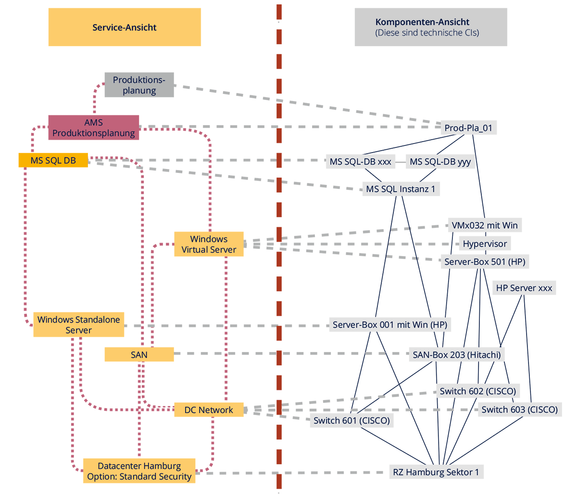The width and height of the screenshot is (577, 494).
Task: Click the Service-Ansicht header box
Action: pos(125,27)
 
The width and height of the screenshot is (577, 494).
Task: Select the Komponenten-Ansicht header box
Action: pos(431,27)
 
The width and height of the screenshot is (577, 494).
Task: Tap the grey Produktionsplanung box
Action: pos(139,85)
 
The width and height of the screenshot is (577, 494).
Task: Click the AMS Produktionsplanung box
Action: pos(93,128)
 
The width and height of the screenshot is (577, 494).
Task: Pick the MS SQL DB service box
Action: pos(53,160)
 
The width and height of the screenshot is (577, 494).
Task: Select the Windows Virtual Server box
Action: pos(209,244)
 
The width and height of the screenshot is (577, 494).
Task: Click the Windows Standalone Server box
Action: pos(79,325)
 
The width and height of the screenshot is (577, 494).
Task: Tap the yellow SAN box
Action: pos(139,354)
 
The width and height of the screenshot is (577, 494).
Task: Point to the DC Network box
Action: pos(209,410)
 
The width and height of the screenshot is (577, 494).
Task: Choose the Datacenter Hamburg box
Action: pos(139,471)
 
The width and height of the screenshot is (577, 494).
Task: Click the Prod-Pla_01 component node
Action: pos(468,128)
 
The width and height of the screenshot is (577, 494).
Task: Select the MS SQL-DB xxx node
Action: pos(360,162)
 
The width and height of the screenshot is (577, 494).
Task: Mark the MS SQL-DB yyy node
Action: pos(440,162)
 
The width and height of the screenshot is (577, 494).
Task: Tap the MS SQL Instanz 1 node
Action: pos(401,189)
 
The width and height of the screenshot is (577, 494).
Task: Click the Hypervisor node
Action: pos(485,244)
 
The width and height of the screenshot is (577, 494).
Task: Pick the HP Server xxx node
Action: pos(524,288)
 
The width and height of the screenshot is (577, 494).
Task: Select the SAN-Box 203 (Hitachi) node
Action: pos(457,355)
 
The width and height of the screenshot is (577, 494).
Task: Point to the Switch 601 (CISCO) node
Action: pos(351,420)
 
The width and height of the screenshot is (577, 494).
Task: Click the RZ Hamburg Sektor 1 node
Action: pos(436,472)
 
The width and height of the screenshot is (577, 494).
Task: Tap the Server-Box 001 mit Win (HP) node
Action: pos(390,325)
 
